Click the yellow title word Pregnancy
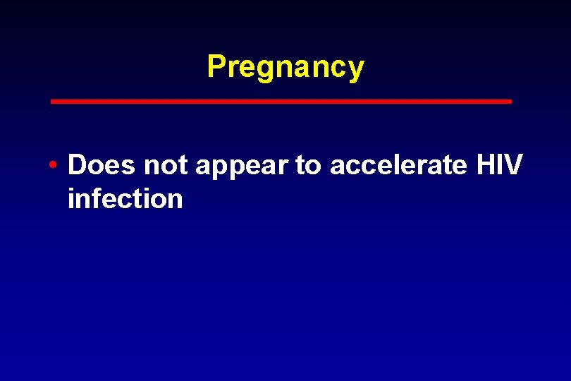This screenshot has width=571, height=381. click(285, 67)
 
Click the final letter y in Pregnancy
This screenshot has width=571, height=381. click(357, 69)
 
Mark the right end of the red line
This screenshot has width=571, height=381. click(510, 102)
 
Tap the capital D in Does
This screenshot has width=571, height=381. click(77, 165)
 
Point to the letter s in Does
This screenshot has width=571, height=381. click(128, 167)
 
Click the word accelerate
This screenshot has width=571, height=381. click(398, 165)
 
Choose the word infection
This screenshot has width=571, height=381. click(125, 199)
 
